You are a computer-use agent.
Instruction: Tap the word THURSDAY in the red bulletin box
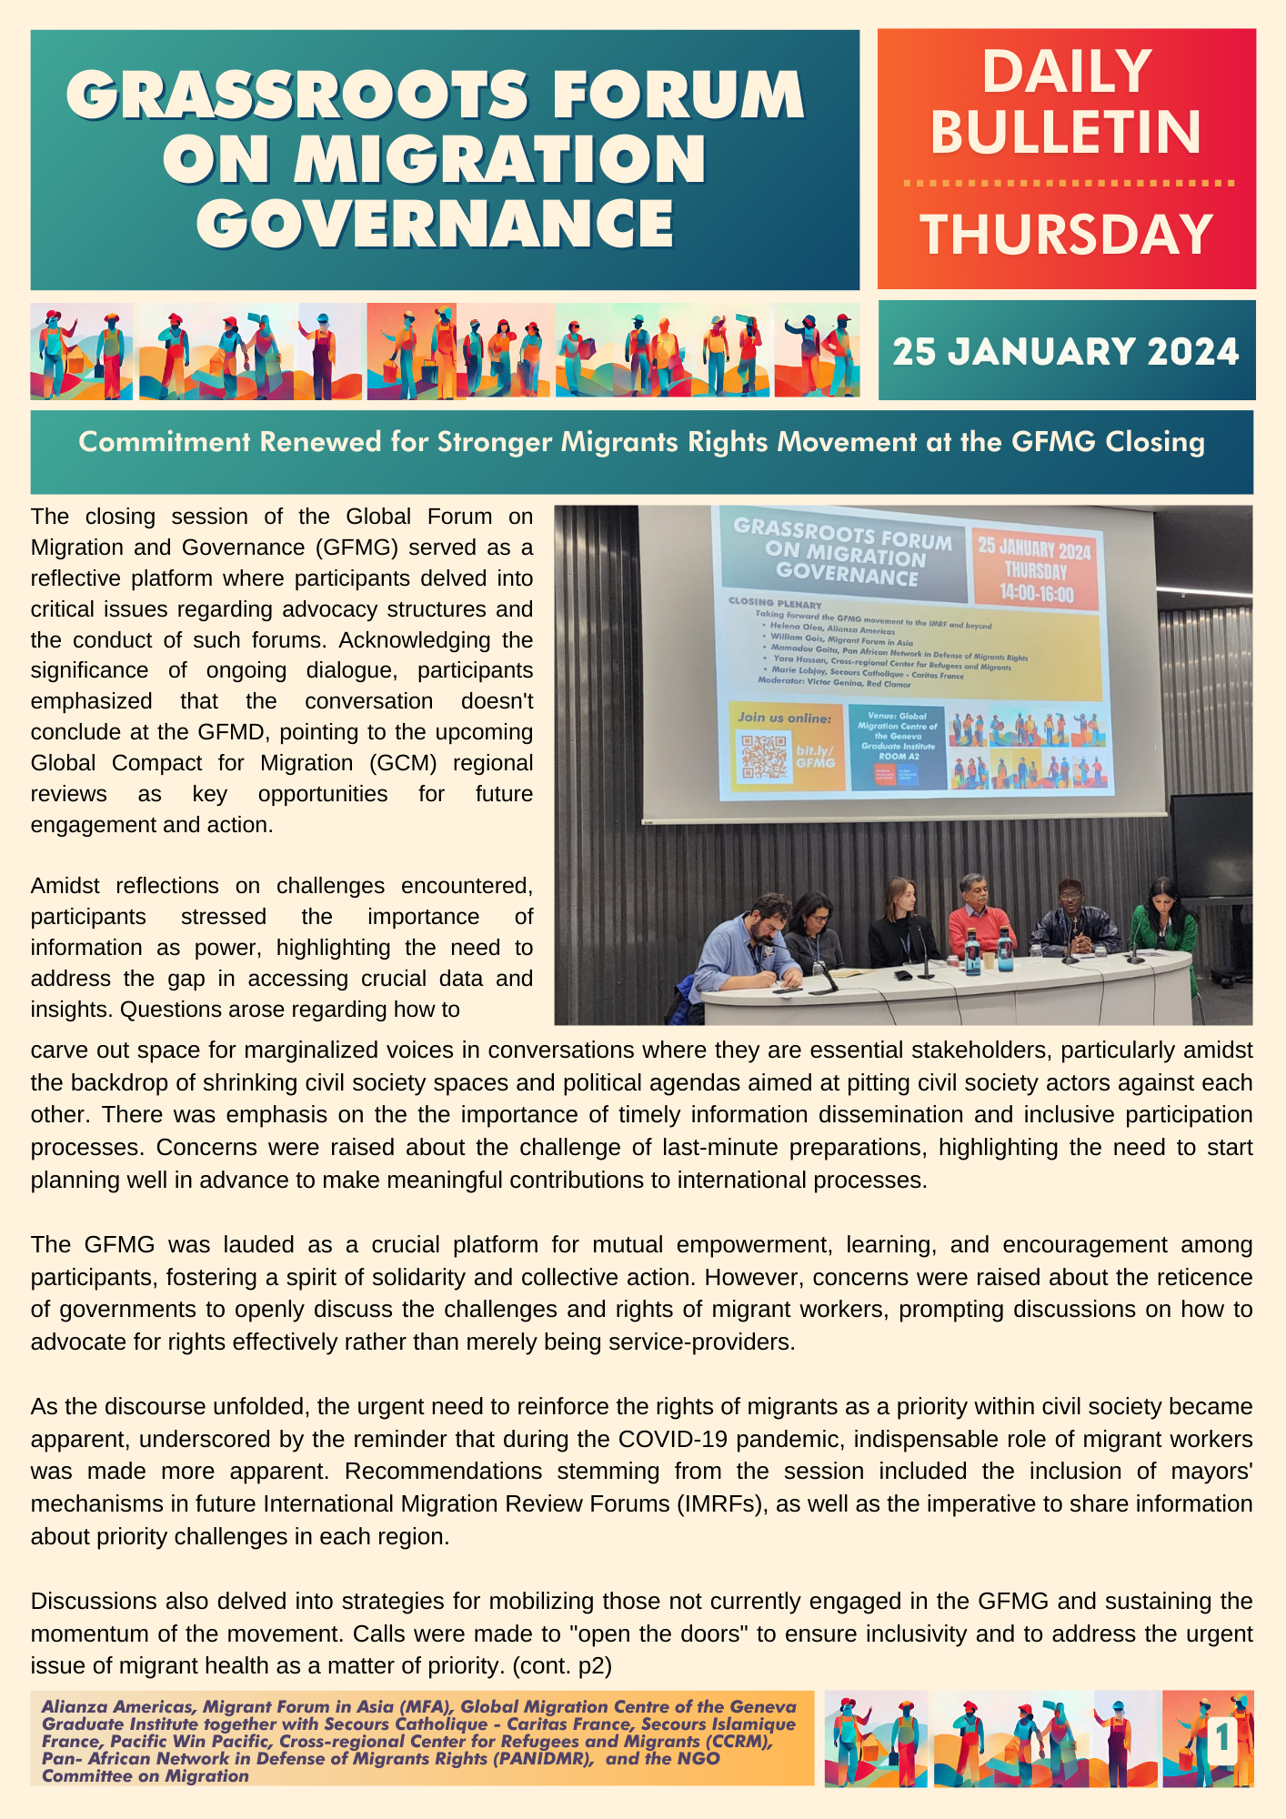click(1066, 234)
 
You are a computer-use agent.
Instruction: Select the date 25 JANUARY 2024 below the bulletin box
click(1066, 352)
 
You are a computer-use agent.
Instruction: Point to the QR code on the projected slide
click(764, 756)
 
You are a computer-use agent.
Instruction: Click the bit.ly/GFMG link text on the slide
click(815, 757)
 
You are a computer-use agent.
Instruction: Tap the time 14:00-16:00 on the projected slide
click(1036, 594)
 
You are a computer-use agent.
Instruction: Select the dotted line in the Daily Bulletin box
click(1068, 183)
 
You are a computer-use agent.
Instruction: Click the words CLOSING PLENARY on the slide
click(774, 603)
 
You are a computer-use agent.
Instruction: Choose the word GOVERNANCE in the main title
click(436, 223)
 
